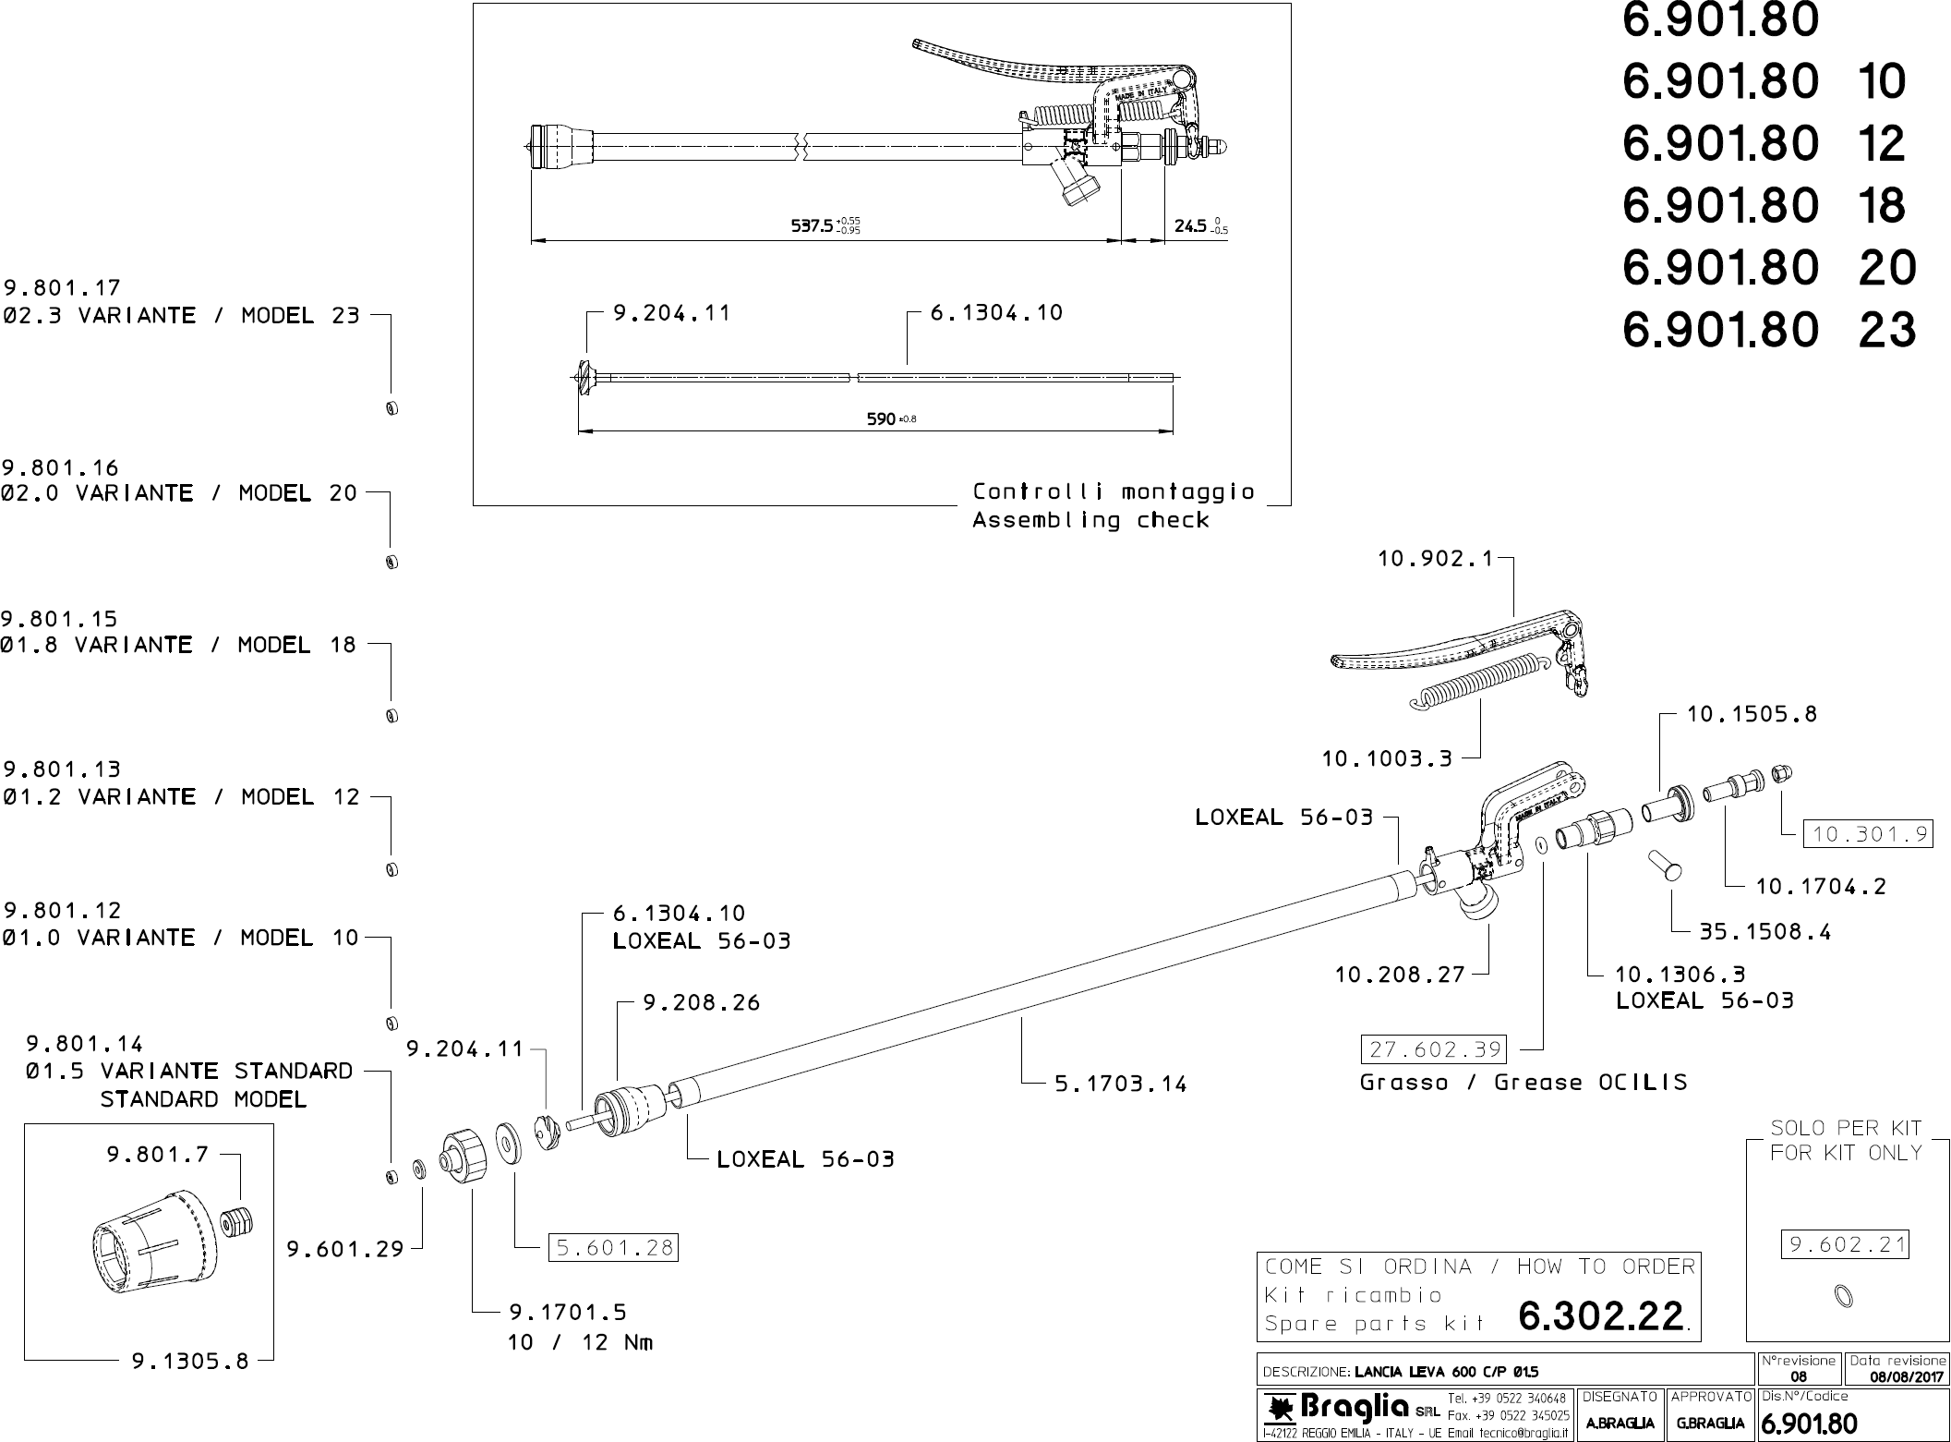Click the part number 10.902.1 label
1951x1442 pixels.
(x=1434, y=559)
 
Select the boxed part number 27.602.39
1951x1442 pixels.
(x=1433, y=1049)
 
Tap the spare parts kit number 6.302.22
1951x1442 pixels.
(x=1601, y=1316)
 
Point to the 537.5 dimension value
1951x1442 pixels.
(x=813, y=225)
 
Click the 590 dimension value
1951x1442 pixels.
(x=881, y=419)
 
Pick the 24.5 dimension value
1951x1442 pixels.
(x=1190, y=225)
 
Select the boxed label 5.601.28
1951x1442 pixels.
(x=613, y=1248)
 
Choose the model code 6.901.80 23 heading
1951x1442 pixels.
(x=1768, y=329)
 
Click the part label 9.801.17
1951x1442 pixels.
(x=62, y=288)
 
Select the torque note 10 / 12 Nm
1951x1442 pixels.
(x=580, y=1342)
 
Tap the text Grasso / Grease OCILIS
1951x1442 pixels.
(x=1523, y=1082)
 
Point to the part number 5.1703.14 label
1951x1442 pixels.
(x=1120, y=1084)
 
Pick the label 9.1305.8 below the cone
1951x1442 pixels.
(x=190, y=1361)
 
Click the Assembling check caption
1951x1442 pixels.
(x=1090, y=520)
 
